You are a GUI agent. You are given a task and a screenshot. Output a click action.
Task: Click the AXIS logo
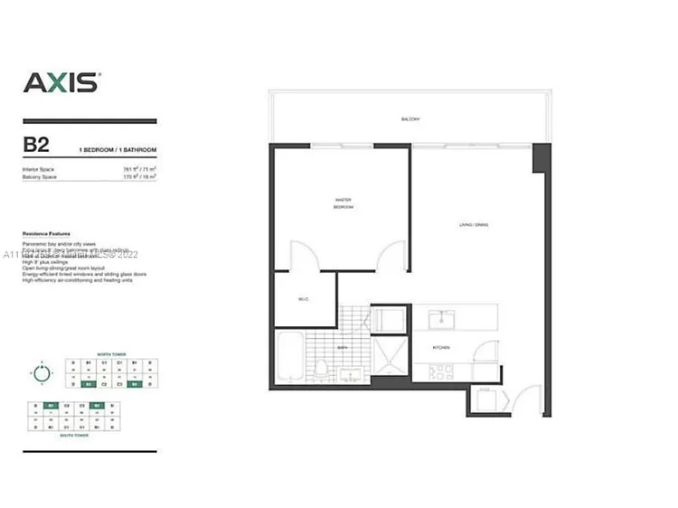tap(61, 82)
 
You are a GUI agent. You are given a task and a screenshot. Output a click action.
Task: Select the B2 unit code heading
tap(37, 144)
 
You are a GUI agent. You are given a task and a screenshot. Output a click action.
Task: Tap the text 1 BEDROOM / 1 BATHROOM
tap(118, 149)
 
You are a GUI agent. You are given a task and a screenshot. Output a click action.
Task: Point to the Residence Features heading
tap(46, 233)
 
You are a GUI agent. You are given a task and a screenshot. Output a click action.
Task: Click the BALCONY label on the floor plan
tap(411, 119)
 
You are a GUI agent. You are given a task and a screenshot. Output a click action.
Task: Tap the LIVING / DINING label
tap(473, 225)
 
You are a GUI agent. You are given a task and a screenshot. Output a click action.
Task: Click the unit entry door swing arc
tap(528, 398)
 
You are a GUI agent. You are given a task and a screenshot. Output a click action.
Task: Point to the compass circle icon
tap(41, 371)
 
